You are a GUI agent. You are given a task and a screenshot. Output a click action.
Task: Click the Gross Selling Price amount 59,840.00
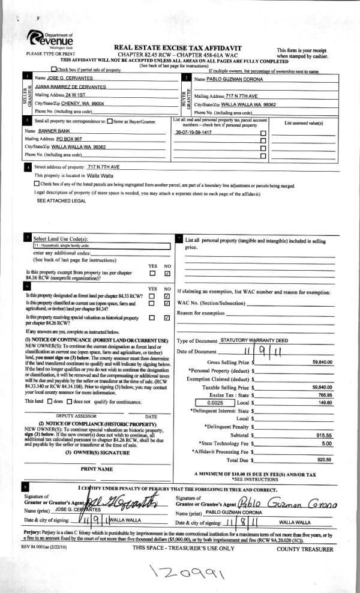[322, 363]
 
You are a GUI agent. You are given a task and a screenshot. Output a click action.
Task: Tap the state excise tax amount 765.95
[325, 394]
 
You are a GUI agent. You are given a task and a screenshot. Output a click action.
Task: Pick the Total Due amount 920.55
[325, 459]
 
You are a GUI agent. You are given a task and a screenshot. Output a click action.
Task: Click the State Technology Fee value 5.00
[326, 443]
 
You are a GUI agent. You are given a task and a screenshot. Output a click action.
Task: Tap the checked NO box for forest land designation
[167, 295]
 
